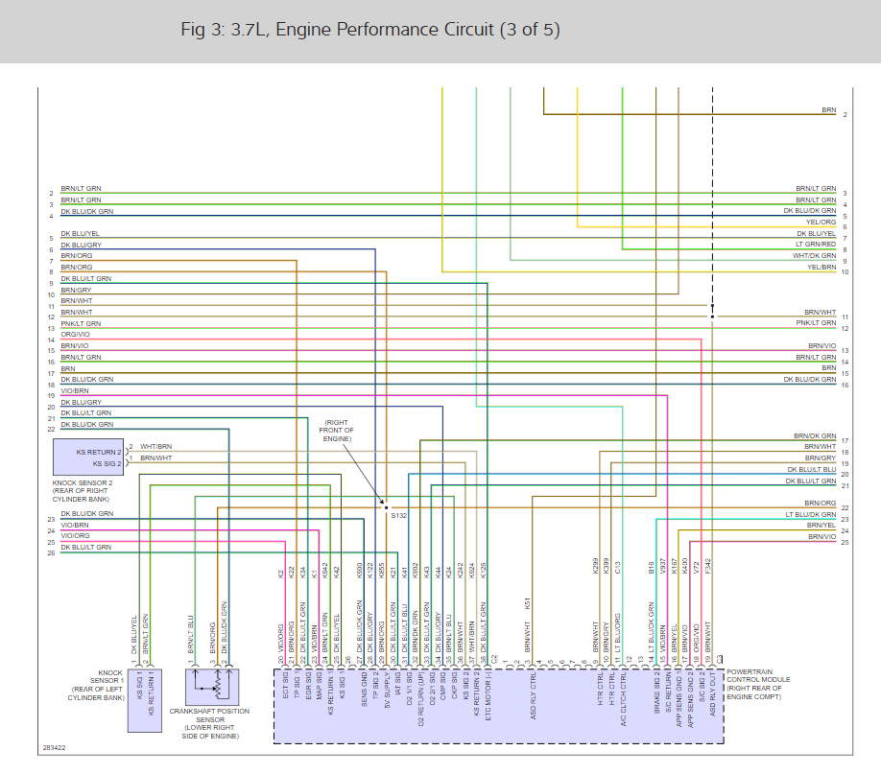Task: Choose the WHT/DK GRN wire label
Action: (x=814, y=256)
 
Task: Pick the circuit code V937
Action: (x=663, y=568)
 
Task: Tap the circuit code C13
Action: (x=618, y=567)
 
